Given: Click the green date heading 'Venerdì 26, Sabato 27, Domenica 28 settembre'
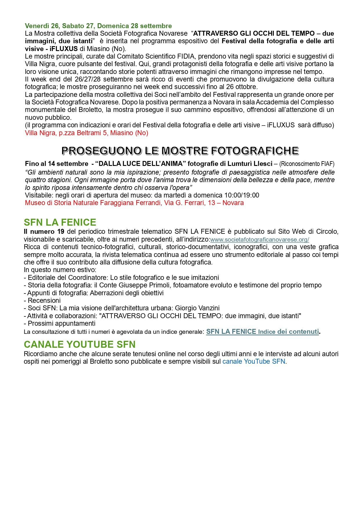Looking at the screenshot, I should pyautogui.click(x=98, y=26).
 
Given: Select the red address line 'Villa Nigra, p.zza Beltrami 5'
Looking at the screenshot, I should pyautogui.click(x=86, y=133).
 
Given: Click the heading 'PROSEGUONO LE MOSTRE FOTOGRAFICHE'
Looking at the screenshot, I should pyautogui.click(x=180, y=151).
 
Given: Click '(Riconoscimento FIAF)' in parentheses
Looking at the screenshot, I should pyautogui.click(x=307, y=164).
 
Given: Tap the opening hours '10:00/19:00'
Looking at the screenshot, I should pyautogui.click(x=242, y=195).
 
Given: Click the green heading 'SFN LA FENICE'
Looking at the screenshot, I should pyautogui.click(x=60, y=222).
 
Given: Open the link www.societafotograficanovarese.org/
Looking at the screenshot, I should pyautogui.click(x=260, y=240).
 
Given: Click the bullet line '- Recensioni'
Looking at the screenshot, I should pyautogui.click(x=42, y=300).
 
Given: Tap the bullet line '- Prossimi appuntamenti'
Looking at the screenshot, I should pyautogui.click(x=60, y=323).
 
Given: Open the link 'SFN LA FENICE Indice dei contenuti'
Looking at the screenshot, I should pyautogui.click(x=263, y=332).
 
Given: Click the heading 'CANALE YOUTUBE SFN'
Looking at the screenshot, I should pyautogui.click(x=80, y=344).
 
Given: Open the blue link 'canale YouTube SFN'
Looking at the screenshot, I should pyautogui.click(x=254, y=361).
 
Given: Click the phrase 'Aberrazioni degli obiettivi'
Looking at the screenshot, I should pyautogui.click(x=127, y=293).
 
